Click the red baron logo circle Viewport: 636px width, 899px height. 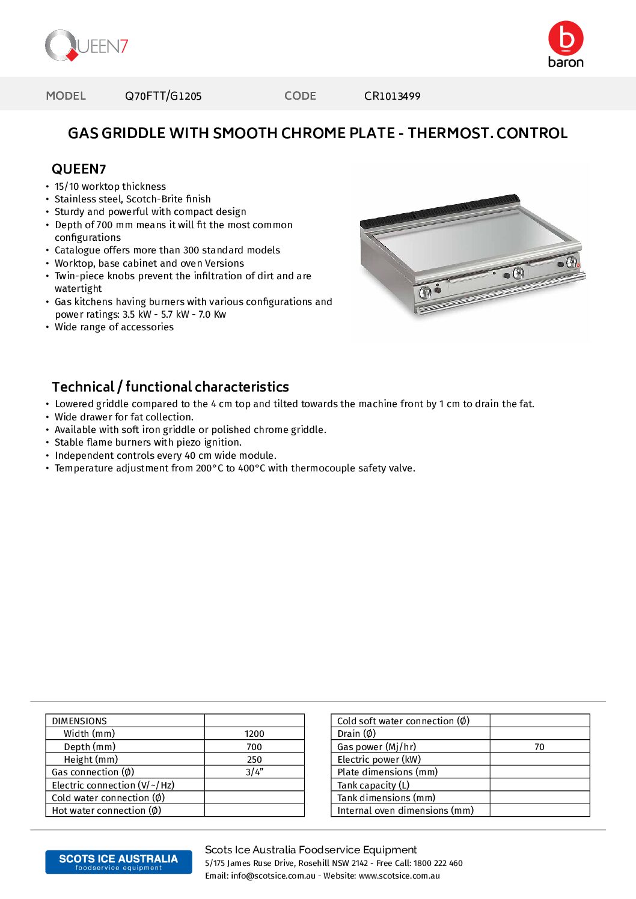566,38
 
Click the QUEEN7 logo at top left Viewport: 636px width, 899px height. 87,46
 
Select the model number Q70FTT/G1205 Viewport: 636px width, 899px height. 163,96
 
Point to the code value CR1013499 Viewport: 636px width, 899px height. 392,96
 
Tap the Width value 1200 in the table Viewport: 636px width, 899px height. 254,734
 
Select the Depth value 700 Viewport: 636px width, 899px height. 254,747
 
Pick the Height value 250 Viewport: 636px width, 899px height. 254,760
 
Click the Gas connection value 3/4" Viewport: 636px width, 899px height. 254,772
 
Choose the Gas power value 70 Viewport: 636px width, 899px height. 539,747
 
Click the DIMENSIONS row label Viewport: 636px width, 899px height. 79,721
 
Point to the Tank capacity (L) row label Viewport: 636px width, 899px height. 373,785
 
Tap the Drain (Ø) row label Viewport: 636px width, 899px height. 356,734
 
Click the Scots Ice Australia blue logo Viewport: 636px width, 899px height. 118,862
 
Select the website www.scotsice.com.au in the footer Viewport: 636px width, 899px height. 399,876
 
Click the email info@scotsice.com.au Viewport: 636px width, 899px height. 273,876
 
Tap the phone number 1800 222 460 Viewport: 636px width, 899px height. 438,864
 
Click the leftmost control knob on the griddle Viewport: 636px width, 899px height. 425,292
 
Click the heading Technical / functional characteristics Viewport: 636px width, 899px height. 170,387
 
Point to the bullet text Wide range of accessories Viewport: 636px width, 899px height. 114,327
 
